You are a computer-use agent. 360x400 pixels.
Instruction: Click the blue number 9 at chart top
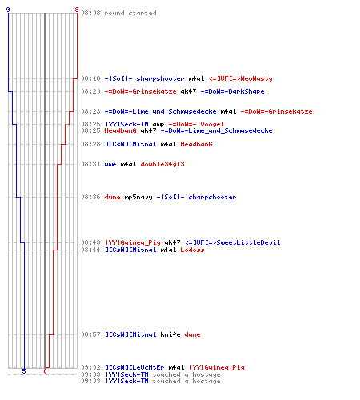pyautogui.click(x=8, y=10)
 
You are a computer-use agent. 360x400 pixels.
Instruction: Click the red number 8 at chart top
pyautogui.click(x=77, y=10)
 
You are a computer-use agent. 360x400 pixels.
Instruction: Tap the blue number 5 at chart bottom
pyautogui.click(x=24, y=371)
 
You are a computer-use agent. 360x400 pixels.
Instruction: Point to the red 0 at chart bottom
pyautogui.click(x=45, y=371)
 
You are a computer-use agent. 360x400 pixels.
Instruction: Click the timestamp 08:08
pyautogui.click(x=90, y=13)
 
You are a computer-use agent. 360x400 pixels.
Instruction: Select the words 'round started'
pyautogui.click(x=130, y=13)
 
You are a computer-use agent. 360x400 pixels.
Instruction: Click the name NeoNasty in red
pyautogui.click(x=256, y=78)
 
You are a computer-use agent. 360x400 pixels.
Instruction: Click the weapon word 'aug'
pyautogui.click(x=158, y=125)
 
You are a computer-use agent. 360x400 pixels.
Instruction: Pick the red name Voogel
pyautogui.click(x=212, y=124)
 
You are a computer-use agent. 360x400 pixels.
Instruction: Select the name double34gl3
pyautogui.click(x=162, y=164)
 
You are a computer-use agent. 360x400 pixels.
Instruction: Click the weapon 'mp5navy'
pyautogui.click(x=138, y=198)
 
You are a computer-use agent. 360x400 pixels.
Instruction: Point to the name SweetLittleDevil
pyautogui.click(x=248, y=242)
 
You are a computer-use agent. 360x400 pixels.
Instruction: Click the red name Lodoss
pyautogui.click(x=192, y=250)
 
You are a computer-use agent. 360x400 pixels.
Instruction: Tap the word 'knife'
pyautogui.click(x=170, y=334)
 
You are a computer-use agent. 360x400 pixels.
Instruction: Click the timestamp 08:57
pyautogui.click(x=90, y=334)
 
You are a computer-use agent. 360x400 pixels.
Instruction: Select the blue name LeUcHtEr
pyautogui.click(x=148, y=367)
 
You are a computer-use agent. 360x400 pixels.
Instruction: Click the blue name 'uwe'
pyautogui.click(x=110, y=165)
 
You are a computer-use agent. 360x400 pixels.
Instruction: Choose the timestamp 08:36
pyautogui.click(x=90, y=197)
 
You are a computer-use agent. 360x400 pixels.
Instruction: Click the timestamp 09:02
pyautogui.click(x=90, y=367)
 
